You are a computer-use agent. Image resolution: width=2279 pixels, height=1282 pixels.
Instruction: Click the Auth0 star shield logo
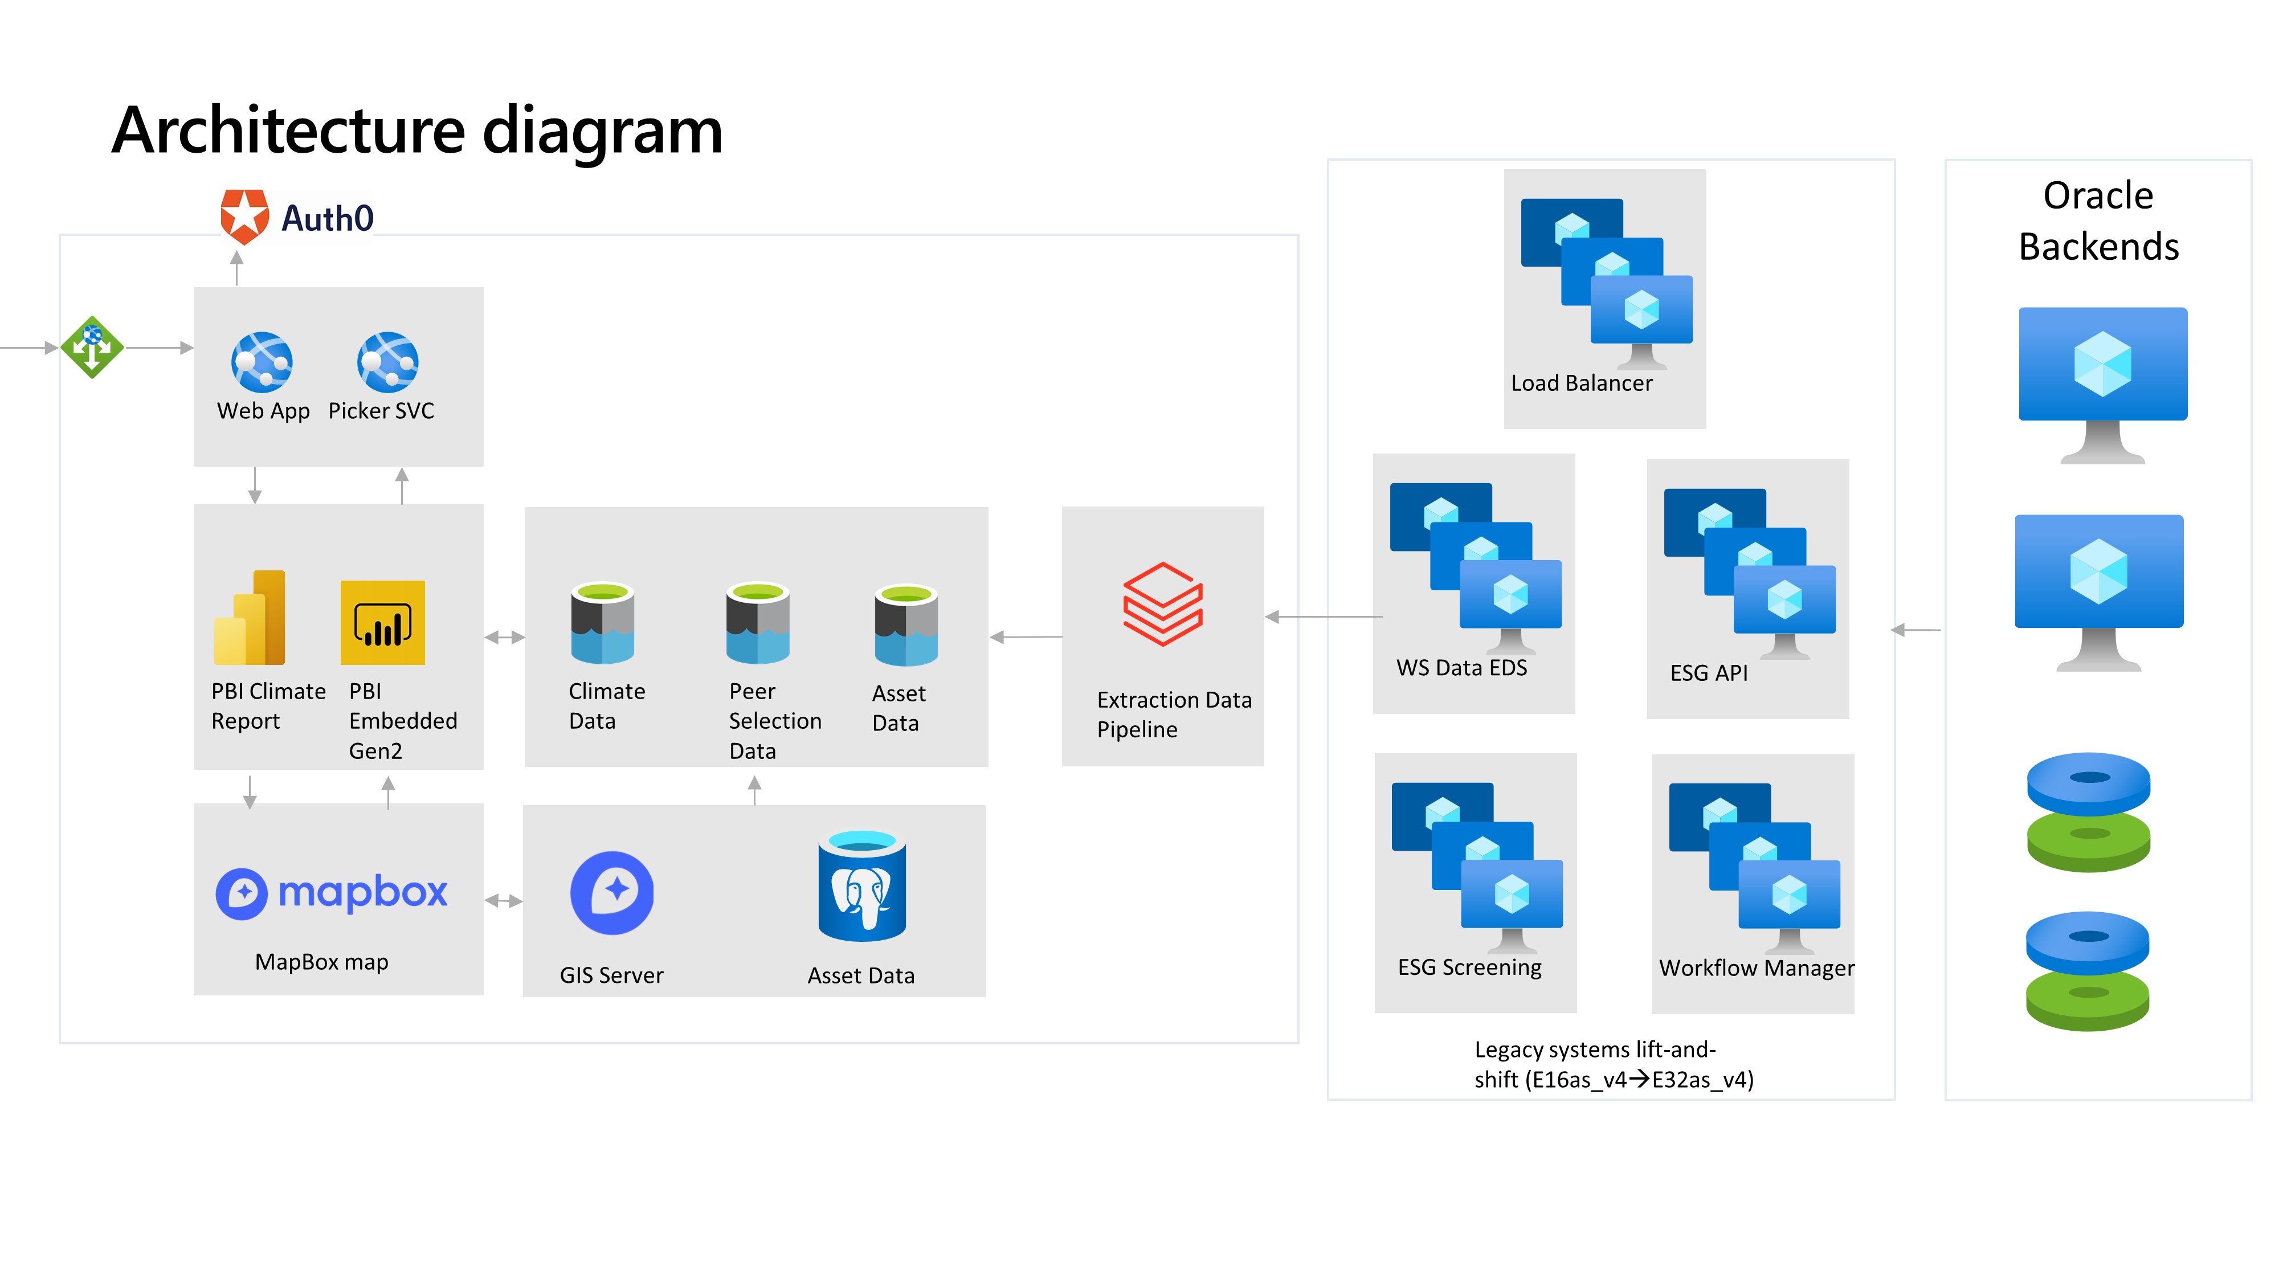pyautogui.click(x=244, y=216)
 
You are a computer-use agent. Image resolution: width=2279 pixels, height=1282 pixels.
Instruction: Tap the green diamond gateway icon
pyautogui.click(x=92, y=347)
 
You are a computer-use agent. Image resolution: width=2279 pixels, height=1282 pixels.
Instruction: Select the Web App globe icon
pyautogui.click(x=262, y=362)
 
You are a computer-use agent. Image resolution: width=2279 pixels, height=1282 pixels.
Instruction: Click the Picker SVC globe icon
pyautogui.click(x=387, y=362)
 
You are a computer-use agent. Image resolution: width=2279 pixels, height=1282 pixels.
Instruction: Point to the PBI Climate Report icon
pyautogui.click(x=250, y=618)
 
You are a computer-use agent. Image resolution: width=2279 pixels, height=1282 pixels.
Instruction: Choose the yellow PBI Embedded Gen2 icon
pyautogui.click(x=382, y=622)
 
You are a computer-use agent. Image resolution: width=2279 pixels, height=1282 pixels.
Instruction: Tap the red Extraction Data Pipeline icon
pyautogui.click(x=1162, y=605)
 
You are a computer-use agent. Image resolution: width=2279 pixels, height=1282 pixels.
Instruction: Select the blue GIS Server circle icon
pyautogui.click(x=611, y=893)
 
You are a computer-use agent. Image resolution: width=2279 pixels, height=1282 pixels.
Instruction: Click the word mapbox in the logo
pyautogui.click(x=363, y=892)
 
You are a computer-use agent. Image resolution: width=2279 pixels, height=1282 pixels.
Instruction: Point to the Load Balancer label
pyautogui.click(x=1581, y=383)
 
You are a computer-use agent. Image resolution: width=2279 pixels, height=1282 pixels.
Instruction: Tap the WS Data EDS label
pyautogui.click(x=1461, y=668)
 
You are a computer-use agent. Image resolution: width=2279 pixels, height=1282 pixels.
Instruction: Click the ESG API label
pyautogui.click(x=1708, y=673)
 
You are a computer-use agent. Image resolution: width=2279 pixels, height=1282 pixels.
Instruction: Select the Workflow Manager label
pyautogui.click(x=1756, y=968)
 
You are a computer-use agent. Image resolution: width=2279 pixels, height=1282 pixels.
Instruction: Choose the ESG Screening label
pyautogui.click(x=1469, y=967)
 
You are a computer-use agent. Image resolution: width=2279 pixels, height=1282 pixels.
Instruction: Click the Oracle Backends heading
pyautogui.click(x=2098, y=221)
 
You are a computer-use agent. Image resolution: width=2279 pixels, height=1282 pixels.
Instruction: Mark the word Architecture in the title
pyautogui.click(x=288, y=130)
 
